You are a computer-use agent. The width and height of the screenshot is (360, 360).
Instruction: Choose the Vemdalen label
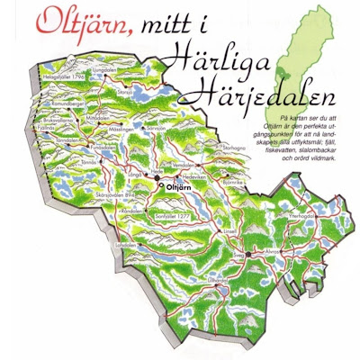(209, 166)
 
